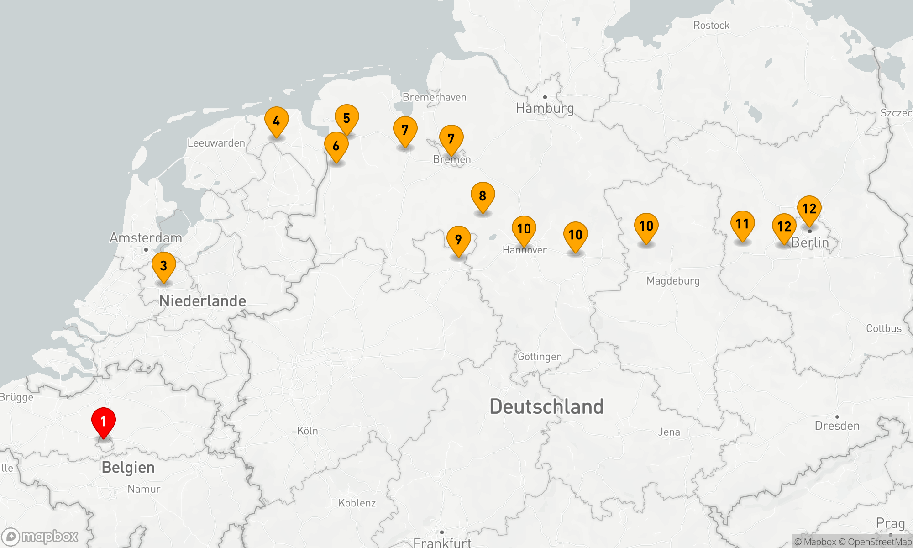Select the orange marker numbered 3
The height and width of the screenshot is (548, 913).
(x=163, y=266)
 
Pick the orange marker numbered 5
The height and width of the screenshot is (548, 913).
(x=346, y=118)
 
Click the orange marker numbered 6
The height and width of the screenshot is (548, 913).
(x=336, y=146)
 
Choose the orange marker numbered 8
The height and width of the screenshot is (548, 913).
(x=483, y=196)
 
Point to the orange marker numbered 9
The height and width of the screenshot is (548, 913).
(x=458, y=240)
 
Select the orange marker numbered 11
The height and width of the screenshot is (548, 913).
(x=742, y=224)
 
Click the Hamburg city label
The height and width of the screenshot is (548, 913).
(x=545, y=108)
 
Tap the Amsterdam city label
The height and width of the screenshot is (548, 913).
(x=146, y=238)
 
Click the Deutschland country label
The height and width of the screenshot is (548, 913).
(x=546, y=406)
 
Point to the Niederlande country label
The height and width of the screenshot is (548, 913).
(x=202, y=301)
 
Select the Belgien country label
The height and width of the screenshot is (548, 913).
(x=128, y=468)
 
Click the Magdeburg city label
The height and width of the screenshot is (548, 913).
(x=673, y=281)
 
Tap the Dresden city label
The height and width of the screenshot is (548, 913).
(x=837, y=426)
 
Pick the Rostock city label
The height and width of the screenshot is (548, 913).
(x=711, y=26)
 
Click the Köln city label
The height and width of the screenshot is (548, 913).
(x=307, y=431)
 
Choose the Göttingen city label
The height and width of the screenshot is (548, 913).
(x=540, y=357)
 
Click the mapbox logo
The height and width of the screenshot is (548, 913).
(x=40, y=537)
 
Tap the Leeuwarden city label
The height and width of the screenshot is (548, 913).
(x=216, y=143)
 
